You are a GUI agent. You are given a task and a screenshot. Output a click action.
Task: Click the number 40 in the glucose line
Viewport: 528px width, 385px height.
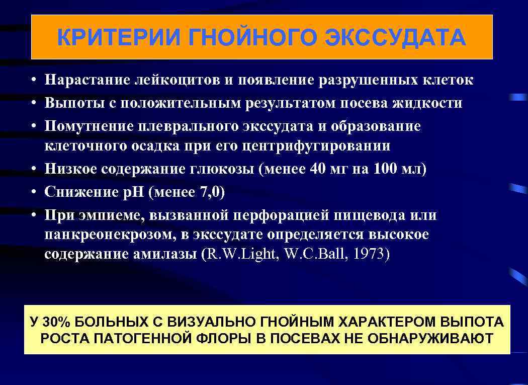point(318,169)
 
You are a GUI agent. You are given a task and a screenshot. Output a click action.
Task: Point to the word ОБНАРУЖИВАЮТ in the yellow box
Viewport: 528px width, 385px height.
point(430,338)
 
